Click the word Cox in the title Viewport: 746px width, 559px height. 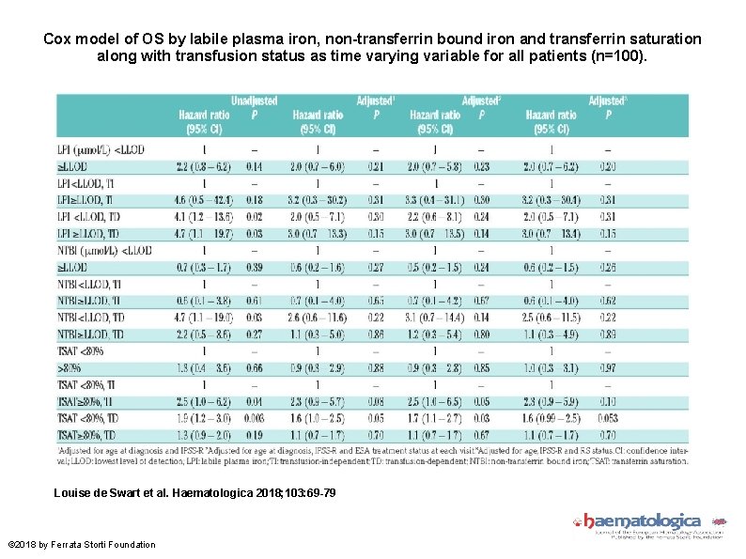(x=57, y=39)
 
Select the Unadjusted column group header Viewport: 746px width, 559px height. (x=254, y=101)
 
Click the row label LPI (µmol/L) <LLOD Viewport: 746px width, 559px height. (x=101, y=149)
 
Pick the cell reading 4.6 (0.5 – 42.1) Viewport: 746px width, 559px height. (x=204, y=200)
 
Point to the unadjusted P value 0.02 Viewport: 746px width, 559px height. (x=255, y=217)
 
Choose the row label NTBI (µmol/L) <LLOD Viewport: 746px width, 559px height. (x=104, y=251)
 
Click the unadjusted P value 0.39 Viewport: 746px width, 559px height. (x=255, y=268)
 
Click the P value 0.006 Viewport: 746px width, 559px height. (x=255, y=419)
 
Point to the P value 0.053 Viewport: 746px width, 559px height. (x=609, y=419)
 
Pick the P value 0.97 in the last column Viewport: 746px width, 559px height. (x=609, y=368)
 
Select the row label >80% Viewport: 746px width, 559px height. (x=70, y=368)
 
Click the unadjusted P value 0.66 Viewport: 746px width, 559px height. (x=255, y=368)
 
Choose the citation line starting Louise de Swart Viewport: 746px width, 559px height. (x=195, y=493)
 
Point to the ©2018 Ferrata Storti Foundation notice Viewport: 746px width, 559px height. (x=82, y=544)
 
